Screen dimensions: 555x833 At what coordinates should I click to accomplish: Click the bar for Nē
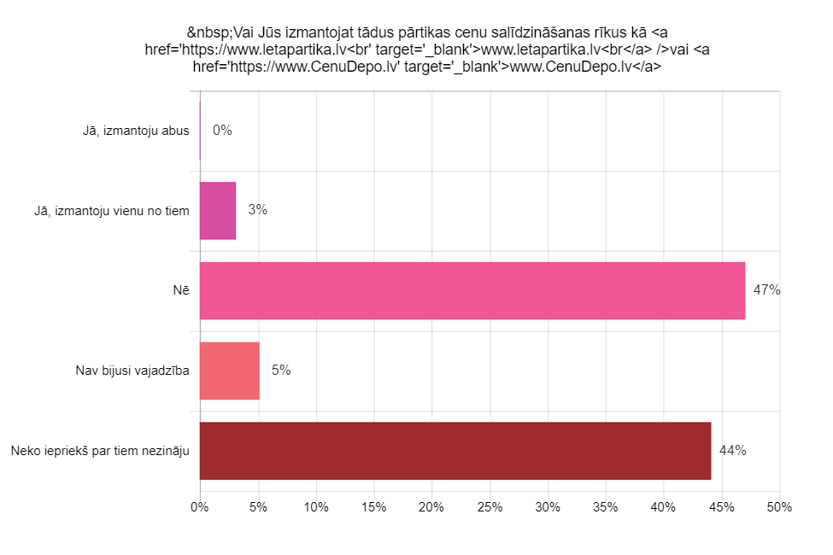click(x=472, y=290)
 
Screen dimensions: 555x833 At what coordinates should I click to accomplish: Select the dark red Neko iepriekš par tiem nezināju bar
click(x=455, y=451)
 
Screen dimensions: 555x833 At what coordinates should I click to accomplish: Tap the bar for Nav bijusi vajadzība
click(x=230, y=371)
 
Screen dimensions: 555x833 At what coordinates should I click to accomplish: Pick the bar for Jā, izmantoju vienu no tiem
click(x=218, y=210)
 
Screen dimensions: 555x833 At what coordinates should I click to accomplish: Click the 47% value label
click(x=766, y=290)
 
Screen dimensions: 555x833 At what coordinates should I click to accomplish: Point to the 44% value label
click(x=733, y=451)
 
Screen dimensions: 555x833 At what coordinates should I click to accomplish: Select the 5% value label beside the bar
click(x=281, y=371)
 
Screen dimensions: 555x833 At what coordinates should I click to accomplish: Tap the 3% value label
click(x=257, y=210)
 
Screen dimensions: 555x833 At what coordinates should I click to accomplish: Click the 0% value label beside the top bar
click(x=222, y=131)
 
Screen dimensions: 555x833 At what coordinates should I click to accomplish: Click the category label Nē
click(x=181, y=290)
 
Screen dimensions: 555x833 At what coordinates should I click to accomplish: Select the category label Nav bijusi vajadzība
click(x=132, y=371)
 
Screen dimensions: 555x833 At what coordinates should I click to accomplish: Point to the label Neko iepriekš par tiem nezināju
click(x=100, y=451)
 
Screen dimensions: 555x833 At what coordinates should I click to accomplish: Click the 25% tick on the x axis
click(x=490, y=507)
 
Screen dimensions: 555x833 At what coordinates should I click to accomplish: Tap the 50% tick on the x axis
click(x=779, y=507)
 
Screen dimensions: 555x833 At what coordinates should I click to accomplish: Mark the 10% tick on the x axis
click(x=316, y=507)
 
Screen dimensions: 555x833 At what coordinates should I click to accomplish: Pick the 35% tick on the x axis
click(x=606, y=507)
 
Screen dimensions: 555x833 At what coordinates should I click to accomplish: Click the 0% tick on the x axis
click(x=200, y=507)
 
